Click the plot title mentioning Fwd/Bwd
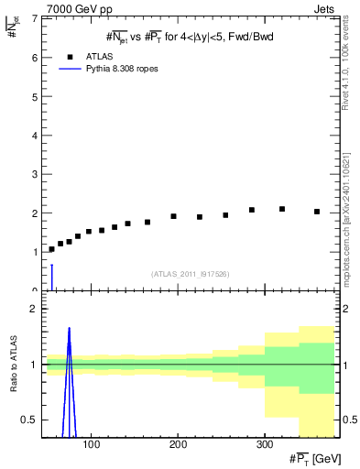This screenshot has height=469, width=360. [x=189, y=37]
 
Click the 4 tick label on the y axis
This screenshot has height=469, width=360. [x=34, y=135]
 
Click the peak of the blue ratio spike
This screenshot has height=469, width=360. [x=69, y=328]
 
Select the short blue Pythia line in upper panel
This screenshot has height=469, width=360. [x=52, y=277]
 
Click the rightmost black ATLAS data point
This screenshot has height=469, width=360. [x=317, y=212]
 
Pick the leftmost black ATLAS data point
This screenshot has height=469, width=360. [x=51, y=249]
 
